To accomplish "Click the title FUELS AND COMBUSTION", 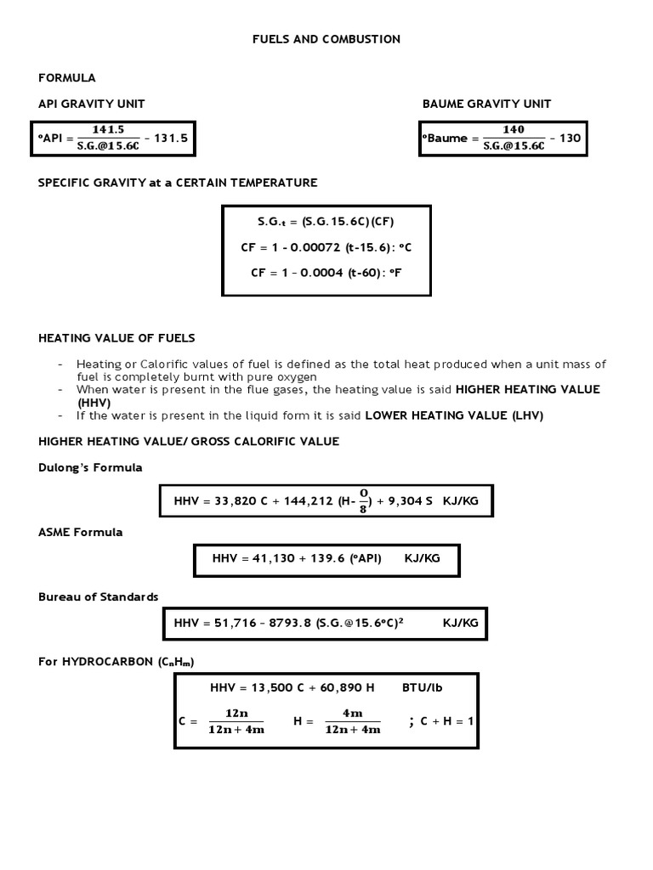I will coord(326,39).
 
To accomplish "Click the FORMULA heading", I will coord(67,77).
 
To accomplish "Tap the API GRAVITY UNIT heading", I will coord(92,104).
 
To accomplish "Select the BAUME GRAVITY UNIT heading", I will coord(486,104).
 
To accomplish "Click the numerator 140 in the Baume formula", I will coord(514,130).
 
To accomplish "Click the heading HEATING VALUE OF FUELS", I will coord(116,338).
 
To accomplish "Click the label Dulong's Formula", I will coord(90,467).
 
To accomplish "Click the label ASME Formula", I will coord(81,532).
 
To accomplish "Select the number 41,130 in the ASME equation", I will coord(266,558).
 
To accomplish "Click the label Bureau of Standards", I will coord(99,596).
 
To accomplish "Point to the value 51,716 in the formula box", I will coord(228,623).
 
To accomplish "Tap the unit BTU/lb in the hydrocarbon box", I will coord(421,687).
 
